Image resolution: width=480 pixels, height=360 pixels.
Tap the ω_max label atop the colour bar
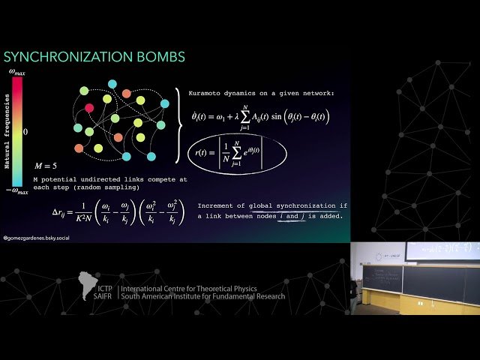pos(17,71)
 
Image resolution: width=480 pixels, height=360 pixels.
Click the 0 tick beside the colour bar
pos(25,131)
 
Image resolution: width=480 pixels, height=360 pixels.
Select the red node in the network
pos(89,109)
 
